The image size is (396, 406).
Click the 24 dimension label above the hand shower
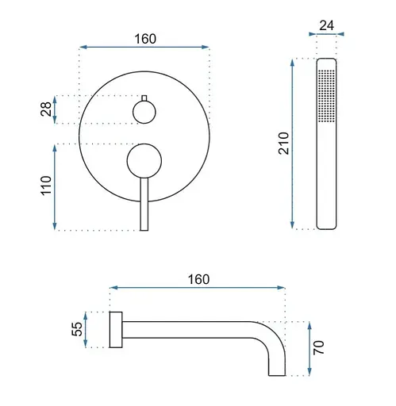point(326,25)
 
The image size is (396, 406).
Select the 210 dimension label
point(283,144)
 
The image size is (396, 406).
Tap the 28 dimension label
point(46,109)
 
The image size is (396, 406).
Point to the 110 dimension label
point(46,186)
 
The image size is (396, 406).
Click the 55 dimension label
point(77,329)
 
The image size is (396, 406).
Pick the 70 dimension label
point(318,347)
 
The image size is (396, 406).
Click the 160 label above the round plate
point(145,39)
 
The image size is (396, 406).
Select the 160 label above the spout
point(198,279)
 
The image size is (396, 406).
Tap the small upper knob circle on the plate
point(144,112)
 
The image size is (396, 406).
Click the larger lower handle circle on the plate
point(144,161)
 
